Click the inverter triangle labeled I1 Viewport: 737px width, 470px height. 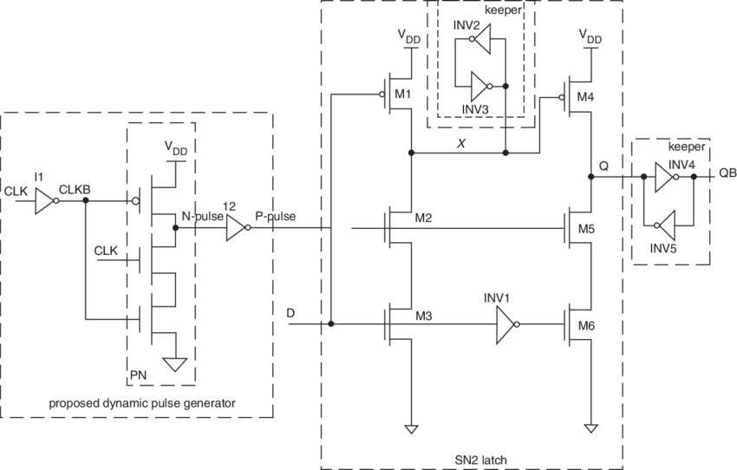pos(43,202)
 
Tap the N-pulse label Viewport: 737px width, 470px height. pos(198,215)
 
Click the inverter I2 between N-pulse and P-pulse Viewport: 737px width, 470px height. pos(235,229)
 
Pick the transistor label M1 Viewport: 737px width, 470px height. pos(402,94)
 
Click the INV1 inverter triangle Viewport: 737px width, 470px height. pos(505,325)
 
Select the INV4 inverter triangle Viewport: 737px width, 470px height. pos(663,177)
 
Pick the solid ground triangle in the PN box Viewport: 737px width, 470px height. pos(176,363)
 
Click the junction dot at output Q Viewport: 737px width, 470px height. pos(590,177)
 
